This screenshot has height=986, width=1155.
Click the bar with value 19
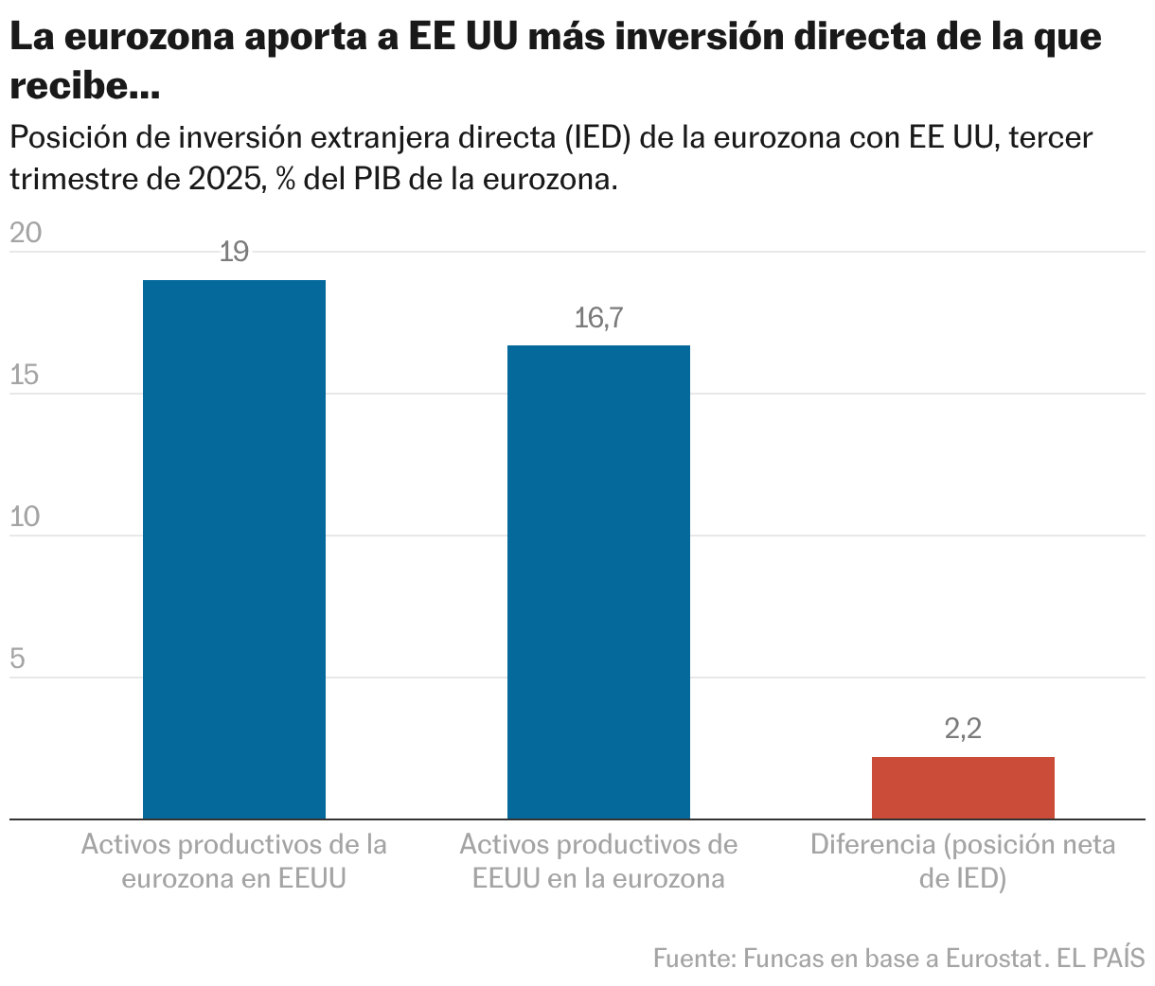234,549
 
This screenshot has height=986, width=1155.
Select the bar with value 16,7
598,582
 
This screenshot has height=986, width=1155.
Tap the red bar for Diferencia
963,787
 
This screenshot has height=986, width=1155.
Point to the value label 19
234,252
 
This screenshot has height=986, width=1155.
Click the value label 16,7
598,318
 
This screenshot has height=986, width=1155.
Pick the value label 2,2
963,729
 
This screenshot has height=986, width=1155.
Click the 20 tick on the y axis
26,233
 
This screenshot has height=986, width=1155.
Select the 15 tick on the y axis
25,375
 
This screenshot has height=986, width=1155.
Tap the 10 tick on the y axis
26,517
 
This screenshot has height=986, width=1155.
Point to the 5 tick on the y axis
17,659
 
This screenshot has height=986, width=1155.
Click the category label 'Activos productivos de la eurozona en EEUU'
234,861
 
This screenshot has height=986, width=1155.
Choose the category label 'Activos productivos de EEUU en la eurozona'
598,861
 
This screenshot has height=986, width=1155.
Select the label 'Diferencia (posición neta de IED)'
963,861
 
